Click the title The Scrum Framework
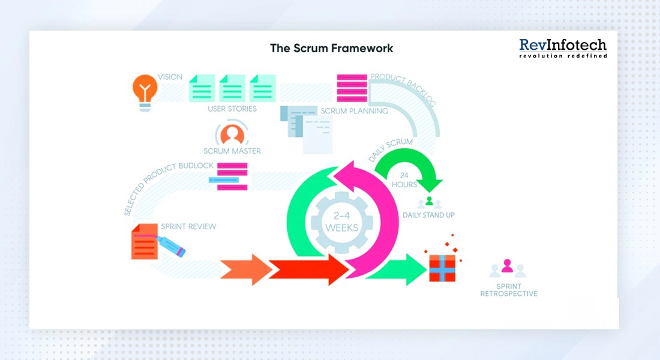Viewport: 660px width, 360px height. tap(331, 48)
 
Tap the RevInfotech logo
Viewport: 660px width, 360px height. tap(562, 49)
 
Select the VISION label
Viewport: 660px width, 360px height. tap(170, 77)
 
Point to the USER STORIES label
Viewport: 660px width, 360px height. tap(232, 109)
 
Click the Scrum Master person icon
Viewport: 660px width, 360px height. tap(232, 133)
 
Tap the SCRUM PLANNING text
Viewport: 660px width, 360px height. tap(354, 111)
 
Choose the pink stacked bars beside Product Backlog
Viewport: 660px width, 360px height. tap(352, 88)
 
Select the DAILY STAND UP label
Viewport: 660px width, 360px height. tap(428, 215)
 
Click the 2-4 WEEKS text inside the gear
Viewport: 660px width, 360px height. tap(341, 221)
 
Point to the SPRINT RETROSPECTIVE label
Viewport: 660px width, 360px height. tap(508, 290)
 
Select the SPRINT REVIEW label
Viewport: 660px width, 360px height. tap(188, 227)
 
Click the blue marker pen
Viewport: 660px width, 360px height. tap(171, 246)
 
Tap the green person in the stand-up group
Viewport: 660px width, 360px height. tap(429, 201)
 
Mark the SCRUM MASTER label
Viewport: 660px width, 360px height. tap(232, 151)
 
